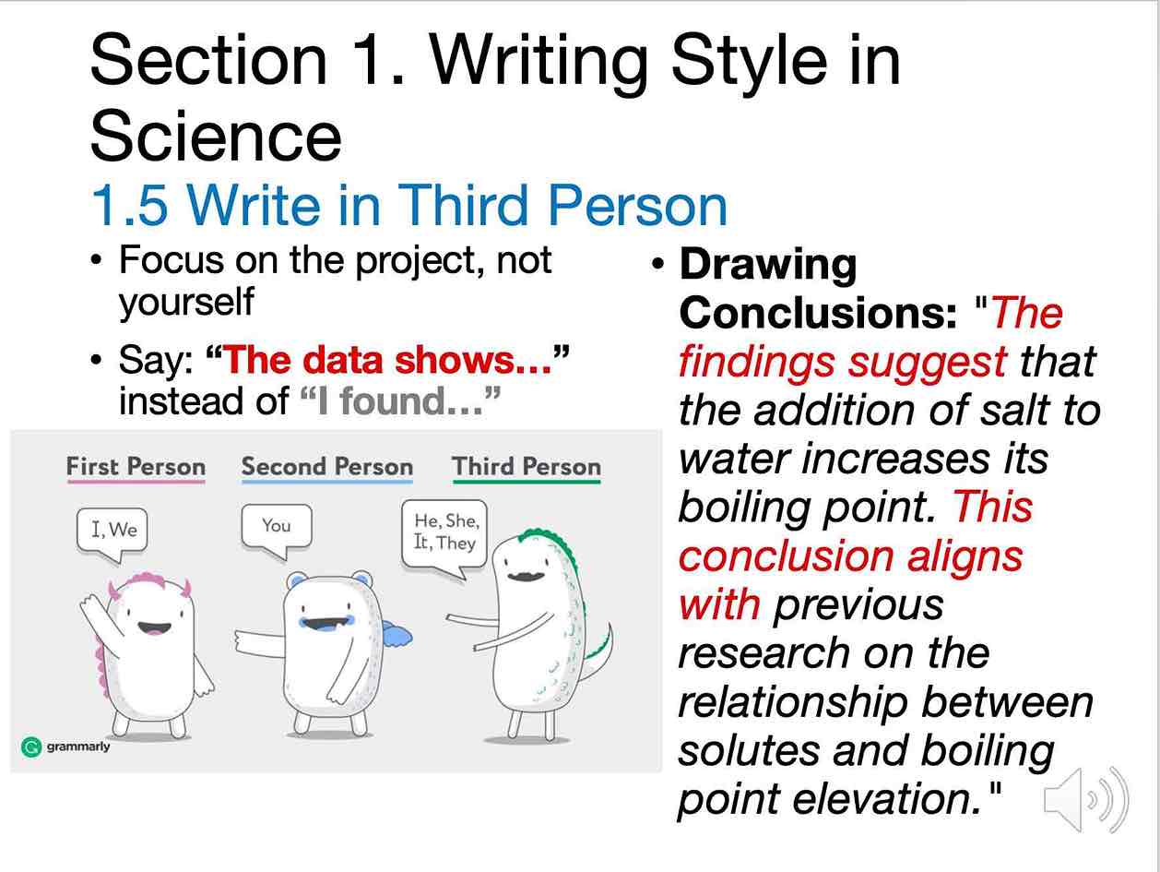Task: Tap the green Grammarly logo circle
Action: pyautogui.click(x=31, y=747)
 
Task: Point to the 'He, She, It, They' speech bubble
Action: pyautogui.click(x=444, y=538)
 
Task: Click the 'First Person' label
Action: pyautogui.click(x=136, y=467)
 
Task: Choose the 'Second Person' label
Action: pyautogui.click(x=327, y=467)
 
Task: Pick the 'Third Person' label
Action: pyautogui.click(x=527, y=467)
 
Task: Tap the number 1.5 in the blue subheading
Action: pyautogui.click(x=129, y=206)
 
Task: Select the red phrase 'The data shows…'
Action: pyautogui.click(x=387, y=360)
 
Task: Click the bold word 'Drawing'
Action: pyautogui.click(x=768, y=267)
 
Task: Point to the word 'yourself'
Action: pyautogui.click(x=186, y=303)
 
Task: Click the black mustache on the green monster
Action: pyautogui.click(x=525, y=576)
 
